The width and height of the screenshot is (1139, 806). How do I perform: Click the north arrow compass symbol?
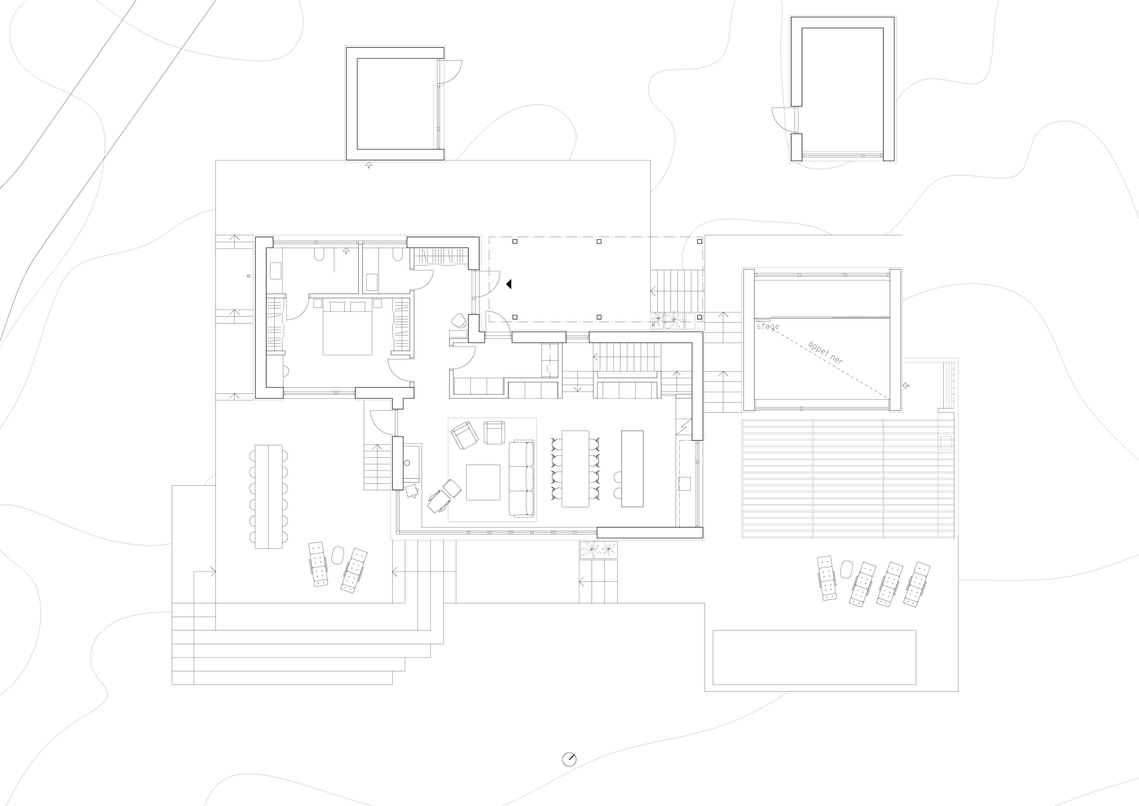(x=569, y=759)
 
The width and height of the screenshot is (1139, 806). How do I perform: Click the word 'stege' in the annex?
(x=767, y=327)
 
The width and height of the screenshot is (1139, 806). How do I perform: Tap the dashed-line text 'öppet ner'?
(x=825, y=352)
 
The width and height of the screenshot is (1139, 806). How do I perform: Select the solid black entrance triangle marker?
(x=508, y=284)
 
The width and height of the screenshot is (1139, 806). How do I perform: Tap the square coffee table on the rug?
(x=483, y=482)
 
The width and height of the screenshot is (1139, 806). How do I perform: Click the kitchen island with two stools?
(x=632, y=469)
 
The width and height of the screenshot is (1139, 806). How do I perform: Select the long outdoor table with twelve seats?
(x=268, y=496)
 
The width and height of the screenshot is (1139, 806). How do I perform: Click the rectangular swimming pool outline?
(x=813, y=657)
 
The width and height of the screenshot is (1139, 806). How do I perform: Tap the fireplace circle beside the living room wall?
(x=407, y=463)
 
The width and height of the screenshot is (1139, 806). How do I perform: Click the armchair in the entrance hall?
(x=459, y=321)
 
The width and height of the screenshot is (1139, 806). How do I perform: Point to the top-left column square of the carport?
(x=514, y=242)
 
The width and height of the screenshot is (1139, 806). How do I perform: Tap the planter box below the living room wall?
(x=598, y=550)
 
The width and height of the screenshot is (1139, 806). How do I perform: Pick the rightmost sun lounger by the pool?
(x=916, y=584)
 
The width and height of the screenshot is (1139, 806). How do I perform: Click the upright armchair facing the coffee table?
(x=494, y=432)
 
